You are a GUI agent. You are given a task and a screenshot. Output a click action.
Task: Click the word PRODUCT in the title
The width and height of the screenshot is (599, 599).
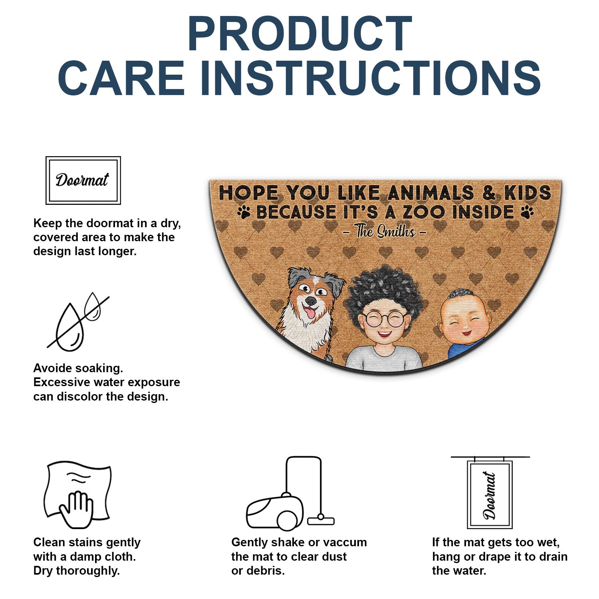[x=299, y=34]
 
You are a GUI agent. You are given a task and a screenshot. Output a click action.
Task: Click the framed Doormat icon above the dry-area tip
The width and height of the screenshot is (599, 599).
[x=83, y=180]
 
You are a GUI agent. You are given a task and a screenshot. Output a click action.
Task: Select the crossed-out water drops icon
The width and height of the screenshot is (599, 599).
[x=78, y=322]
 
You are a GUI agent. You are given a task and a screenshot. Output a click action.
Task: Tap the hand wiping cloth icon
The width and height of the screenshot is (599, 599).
[x=77, y=495]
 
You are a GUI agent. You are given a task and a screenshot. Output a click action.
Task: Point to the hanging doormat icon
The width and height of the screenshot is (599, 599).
[x=490, y=492]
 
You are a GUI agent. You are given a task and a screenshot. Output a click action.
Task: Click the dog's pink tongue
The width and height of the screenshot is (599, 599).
[x=309, y=312]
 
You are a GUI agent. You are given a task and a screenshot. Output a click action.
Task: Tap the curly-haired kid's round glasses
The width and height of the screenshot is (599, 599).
[x=384, y=319]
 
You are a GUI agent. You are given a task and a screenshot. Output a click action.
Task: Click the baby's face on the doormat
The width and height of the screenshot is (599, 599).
[x=464, y=320]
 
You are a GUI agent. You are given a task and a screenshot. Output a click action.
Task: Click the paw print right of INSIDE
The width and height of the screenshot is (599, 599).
[x=528, y=212]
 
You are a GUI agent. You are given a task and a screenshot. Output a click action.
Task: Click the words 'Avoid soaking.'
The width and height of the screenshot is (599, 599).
[x=78, y=368]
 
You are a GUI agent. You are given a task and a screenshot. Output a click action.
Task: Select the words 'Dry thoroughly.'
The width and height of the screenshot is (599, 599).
[x=77, y=571]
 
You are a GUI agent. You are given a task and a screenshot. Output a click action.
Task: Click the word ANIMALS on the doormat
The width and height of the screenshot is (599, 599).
[x=430, y=193]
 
